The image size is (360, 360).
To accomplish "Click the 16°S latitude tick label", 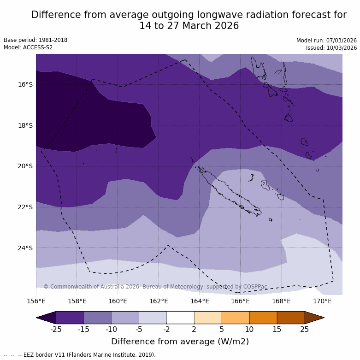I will click(x=25, y=84).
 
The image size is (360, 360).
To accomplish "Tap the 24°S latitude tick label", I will click(x=25, y=248).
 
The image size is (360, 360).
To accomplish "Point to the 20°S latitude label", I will click(x=25, y=166).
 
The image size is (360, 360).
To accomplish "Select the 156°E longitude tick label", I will click(x=36, y=301).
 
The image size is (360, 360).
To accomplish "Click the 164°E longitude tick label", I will click(x=200, y=301).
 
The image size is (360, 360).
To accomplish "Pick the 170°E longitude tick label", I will click(x=322, y=301).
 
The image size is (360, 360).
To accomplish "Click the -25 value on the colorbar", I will click(x=56, y=329).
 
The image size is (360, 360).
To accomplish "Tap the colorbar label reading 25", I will click(x=305, y=329).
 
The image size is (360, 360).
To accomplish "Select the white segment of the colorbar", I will click(x=180, y=318).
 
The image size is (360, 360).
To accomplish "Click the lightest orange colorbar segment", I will click(x=208, y=318).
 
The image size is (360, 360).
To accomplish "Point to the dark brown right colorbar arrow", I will click(x=314, y=318).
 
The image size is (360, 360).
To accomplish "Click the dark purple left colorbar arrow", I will click(x=46, y=318).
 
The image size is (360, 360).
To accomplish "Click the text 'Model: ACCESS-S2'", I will click(x=28, y=47).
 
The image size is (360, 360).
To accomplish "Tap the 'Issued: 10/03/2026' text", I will click(x=331, y=48).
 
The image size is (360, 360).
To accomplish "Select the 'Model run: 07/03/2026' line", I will click(x=326, y=41).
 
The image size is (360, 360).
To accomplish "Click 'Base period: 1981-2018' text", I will click(x=35, y=40).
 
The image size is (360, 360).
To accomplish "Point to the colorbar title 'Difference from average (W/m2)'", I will click(x=180, y=342).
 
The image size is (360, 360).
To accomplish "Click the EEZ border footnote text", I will click(x=80, y=355).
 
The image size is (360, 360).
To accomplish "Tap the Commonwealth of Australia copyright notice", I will click(x=155, y=287).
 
